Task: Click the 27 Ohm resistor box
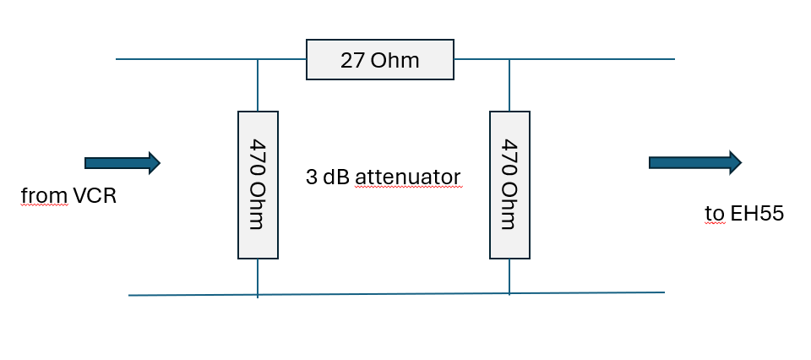(x=379, y=59)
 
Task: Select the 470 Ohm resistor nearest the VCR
(x=259, y=185)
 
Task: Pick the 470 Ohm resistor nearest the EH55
(x=509, y=185)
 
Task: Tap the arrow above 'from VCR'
(x=122, y=163)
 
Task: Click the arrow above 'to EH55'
(x=695, y=163)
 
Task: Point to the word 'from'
(x=44, y=196)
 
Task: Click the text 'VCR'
(x=95, y=196)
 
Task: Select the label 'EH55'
(x=757, y=213)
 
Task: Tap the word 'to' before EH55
(x=715, y=214)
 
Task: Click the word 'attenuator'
(x=407, y=177)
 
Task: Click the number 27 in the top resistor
(x=353, y=61)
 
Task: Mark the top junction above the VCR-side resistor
(x=258, y=59)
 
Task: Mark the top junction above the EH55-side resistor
(x=509, y=59)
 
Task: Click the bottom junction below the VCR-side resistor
(x=258, y=295)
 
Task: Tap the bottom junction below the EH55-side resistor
(x=509, y=293)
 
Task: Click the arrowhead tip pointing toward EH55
(x=742, y=163)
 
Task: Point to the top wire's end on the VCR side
(x=116, y=59)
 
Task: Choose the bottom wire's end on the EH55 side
(x=665, y=292)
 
